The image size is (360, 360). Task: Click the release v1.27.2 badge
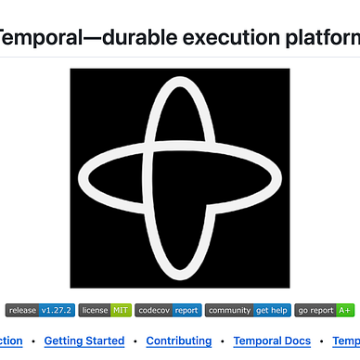point(39,311)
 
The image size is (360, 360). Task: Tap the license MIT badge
point(104,311)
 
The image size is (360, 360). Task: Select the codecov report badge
point(168,311)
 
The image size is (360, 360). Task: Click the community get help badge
point(247,311)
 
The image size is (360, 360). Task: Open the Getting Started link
point(84,341)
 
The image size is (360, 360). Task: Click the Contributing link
point(178,341)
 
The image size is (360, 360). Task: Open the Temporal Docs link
point(272,341)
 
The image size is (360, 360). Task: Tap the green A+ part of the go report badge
point(345,311)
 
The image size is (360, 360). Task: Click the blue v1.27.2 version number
point(56,311)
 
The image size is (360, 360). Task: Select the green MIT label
point(120,311)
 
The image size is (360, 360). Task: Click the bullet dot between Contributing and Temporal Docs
point(222,341)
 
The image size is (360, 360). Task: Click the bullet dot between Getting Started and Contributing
point(135,341)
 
